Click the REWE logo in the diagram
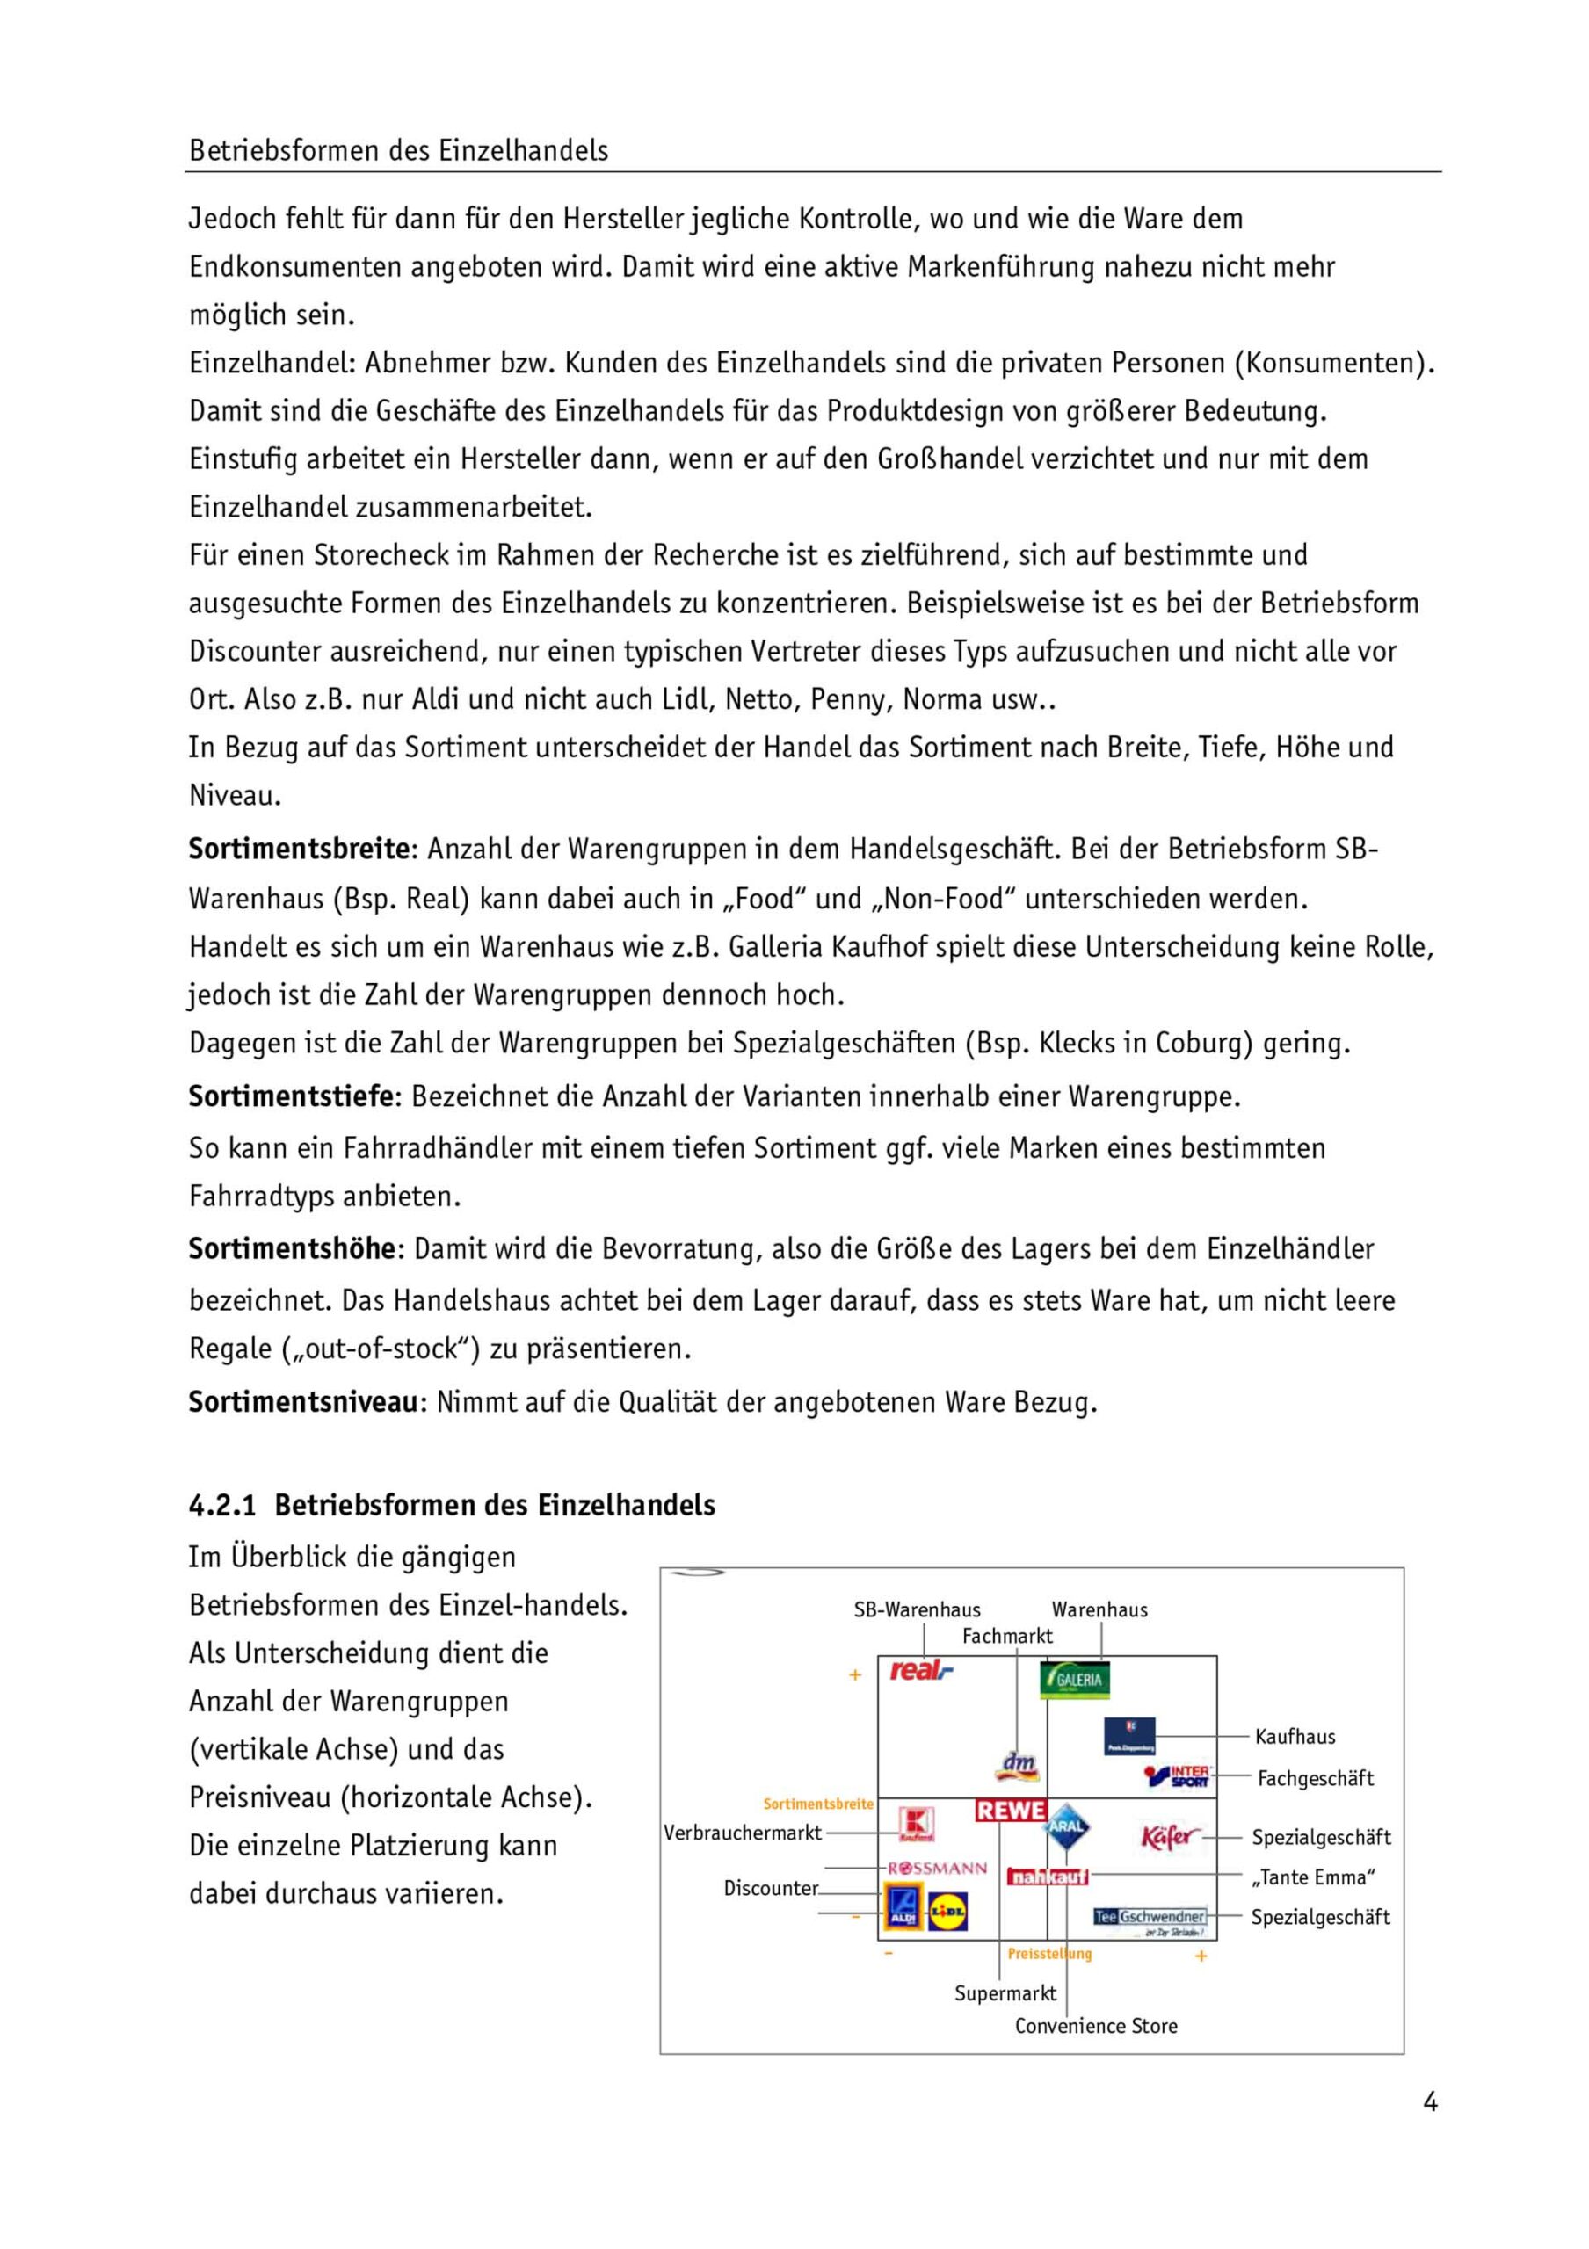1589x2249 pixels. [1011, 1811]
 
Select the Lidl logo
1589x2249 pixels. [947, 1910]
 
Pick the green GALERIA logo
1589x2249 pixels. [1075, 1679]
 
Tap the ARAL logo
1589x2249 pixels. [1067, 1826]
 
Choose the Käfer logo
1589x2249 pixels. [1169, 1837]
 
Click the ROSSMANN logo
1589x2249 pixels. [938, 1868]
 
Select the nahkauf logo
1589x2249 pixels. [1048, 1877]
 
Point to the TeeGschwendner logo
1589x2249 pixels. [1150, 1917]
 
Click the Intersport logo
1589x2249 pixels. [1178, 1775]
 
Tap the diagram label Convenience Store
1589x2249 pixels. [1095, 2027]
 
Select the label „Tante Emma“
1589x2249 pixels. [1313, 1877]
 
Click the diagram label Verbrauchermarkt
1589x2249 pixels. [743, 1833]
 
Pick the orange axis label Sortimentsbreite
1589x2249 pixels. [818, 1804]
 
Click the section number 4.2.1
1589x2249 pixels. [222, 1506]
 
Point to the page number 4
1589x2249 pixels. [1429, 2102]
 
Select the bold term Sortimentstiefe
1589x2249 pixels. [291, 1096]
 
